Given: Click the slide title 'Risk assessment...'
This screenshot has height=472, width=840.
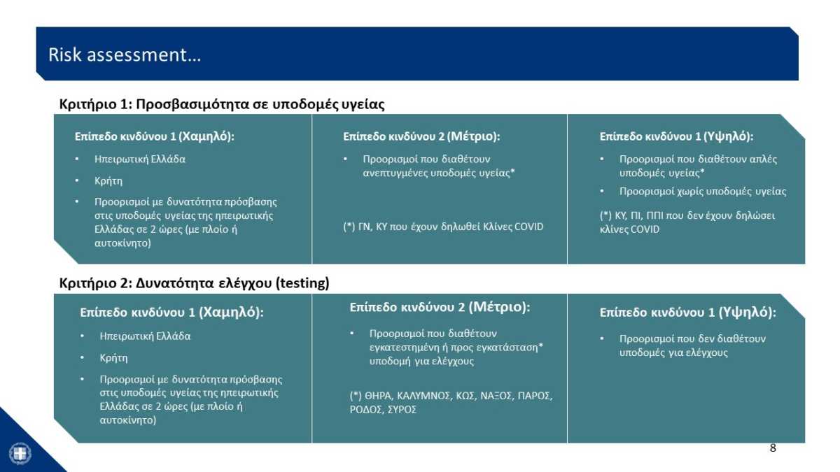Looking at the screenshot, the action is (x=125, y=55).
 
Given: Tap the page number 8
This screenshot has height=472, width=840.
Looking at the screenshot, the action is (x=773, y=448).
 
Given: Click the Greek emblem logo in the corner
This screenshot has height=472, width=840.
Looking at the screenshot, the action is (x=20, y=454).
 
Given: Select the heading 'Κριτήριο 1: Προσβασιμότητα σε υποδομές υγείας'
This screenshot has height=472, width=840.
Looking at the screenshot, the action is (x=222, y=103).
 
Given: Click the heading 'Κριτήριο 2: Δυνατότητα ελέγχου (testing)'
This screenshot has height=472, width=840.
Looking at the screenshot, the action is (x=195, y=283).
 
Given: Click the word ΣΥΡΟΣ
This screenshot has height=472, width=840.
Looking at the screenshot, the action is (x=402, y=410).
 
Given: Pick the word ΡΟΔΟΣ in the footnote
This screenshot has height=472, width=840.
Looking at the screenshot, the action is (x=366, y=410).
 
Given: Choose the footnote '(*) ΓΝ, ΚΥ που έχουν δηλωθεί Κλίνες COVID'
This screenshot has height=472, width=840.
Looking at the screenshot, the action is (x=443, y=227).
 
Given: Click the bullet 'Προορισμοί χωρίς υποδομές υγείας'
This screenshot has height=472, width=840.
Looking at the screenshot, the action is (x=703, y=192).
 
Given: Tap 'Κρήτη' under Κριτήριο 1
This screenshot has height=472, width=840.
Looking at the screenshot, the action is (x=108, y=181).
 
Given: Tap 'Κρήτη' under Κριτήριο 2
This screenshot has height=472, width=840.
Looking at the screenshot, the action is (x=113, y=358).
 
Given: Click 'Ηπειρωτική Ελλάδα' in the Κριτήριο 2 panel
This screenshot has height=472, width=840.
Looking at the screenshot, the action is (x=145, y=336).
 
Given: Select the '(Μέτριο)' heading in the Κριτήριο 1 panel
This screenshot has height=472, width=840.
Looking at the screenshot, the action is (x=473, y=136).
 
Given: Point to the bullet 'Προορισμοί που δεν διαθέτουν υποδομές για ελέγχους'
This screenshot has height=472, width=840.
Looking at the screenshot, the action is (x=692, y=345).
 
